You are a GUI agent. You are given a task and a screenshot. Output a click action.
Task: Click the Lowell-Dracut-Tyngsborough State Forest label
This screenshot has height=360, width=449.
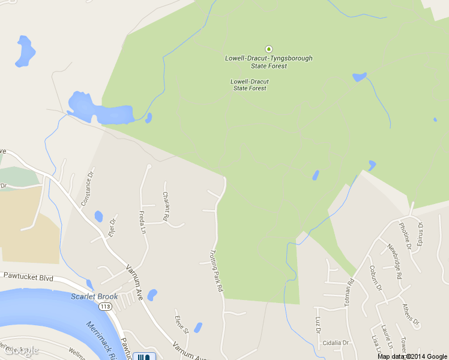[x=268, y=62]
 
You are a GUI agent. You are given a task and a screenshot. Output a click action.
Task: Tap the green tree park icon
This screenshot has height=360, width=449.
[x=268, y=49]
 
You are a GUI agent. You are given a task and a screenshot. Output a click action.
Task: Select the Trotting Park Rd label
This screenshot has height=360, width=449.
[x=216, y=271]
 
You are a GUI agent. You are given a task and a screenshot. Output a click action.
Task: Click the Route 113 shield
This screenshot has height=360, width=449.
[x=106, y=307]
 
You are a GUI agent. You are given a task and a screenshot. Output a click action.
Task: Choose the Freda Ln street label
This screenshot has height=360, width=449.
[x=143, y=223]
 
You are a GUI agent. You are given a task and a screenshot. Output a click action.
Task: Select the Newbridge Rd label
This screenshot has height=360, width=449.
[x=394, y=262]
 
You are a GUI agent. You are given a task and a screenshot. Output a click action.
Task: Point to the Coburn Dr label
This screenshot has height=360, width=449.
[x=376, y=278]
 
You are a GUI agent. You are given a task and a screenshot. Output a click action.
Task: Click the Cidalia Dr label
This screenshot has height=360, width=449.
[x=335, y=343]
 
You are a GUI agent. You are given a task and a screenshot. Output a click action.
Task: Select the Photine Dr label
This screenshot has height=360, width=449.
[x=405, y=235]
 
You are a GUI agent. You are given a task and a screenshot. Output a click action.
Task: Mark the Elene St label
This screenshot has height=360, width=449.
[x=181, y=325]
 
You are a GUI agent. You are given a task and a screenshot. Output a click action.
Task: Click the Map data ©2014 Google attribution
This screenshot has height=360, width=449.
[x=412, y=356]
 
